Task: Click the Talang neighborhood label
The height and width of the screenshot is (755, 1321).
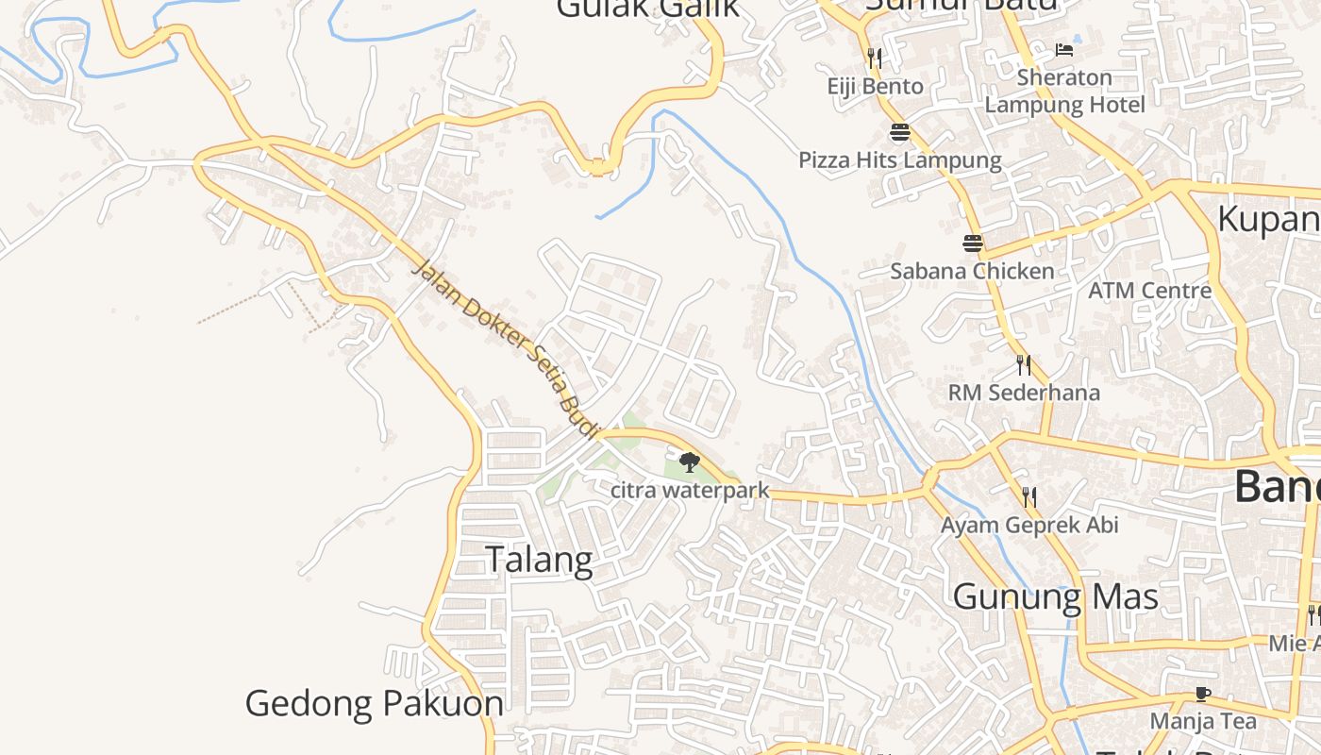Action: [x=540, y=560]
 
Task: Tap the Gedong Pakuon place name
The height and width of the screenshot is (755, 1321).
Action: [x=374, y=703]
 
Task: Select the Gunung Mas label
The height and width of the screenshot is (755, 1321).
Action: [x=1055, y=596]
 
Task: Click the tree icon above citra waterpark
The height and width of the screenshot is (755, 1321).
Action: [x=690, y=462]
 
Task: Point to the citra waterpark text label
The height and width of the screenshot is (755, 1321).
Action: [x=690, y=491]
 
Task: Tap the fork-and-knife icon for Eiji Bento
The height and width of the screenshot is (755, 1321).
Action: [x=875, y=59]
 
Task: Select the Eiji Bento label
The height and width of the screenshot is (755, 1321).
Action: [x=875, y=87]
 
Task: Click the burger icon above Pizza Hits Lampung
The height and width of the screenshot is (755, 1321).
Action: [x=899, y=132]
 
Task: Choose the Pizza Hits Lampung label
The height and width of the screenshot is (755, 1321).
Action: [x=899, y=159]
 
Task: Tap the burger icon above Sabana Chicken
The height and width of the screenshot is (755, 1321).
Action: [x=973, y=243]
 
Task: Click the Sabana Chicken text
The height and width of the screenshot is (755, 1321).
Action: [x=973, y=272]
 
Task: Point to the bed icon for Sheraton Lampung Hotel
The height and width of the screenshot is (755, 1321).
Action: [x=1064, y=49]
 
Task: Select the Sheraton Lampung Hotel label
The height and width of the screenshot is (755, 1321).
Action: [x=1064, y=91]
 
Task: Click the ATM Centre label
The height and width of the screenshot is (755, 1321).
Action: [x=1149, y=290]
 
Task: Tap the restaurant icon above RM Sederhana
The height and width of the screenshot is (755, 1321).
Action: [x=1024, y=364]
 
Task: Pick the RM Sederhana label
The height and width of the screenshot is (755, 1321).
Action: [x=1024, y=393]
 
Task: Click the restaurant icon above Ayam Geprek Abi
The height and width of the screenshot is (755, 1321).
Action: [x=1029, y=496]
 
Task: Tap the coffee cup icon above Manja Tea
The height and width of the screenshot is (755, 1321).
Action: [x=1202, y=694]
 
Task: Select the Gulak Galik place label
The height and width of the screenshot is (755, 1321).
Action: [x=647, y=8]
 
